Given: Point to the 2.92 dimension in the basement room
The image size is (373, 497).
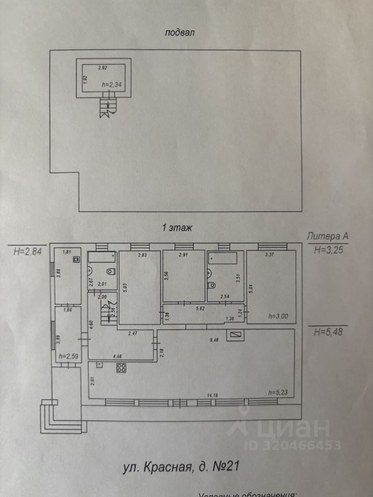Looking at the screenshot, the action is [x=104, y=68].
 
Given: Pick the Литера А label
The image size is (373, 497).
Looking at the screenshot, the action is [x=327, y=237].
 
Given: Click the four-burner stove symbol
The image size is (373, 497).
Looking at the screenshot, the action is [x=122, y=368].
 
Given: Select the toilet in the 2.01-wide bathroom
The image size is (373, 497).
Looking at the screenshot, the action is [x=109, y=272].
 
